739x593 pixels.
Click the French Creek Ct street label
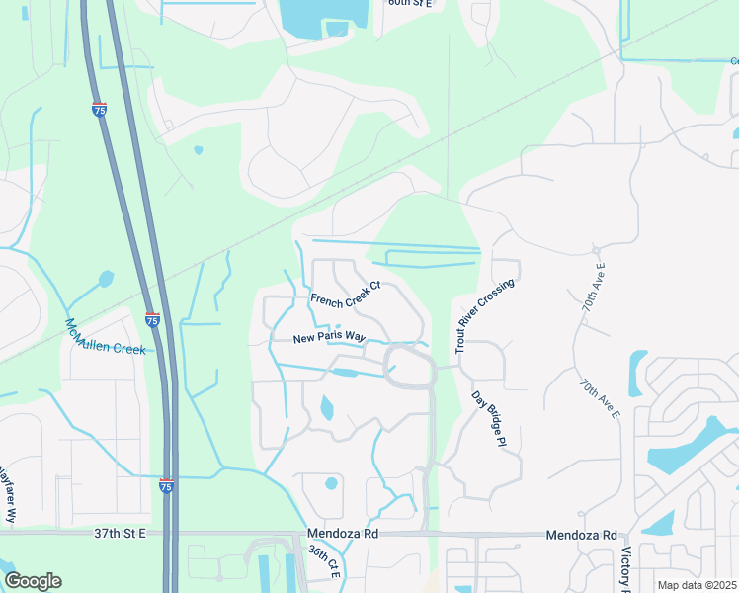(x=346, y=298)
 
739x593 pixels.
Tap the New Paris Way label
(x=323, y=338)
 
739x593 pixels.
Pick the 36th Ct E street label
(x=324, y=563)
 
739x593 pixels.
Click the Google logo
(x=33, y=581)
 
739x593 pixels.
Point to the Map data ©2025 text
(x=696, y=585)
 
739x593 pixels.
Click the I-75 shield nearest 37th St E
(x=169, y=485)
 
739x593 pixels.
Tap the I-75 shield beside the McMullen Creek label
(x=152, y=320)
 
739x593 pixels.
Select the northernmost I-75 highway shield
(x=99, y=110)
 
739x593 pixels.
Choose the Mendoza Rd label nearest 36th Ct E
(x=343, y=534)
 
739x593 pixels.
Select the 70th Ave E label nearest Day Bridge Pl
(x=599, y=400)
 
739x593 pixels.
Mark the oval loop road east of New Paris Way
(x=410, y=367)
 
